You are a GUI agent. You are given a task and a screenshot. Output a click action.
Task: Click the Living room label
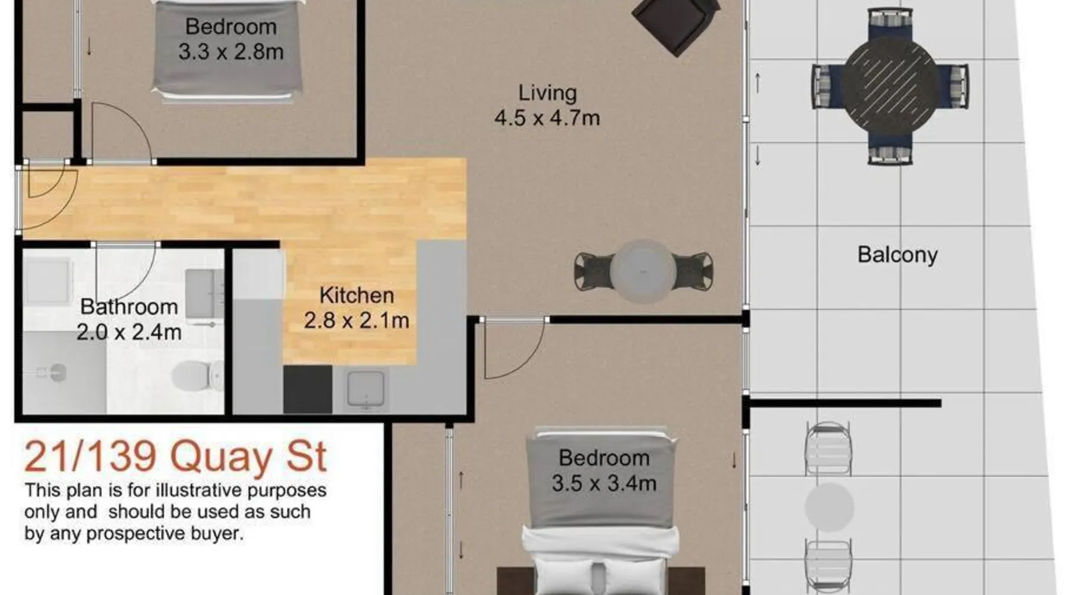point(547,93)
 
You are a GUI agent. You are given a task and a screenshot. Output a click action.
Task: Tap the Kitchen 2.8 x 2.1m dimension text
point(356,321)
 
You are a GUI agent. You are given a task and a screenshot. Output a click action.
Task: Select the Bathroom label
point(129,307)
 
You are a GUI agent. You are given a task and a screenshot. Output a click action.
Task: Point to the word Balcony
point(898,255)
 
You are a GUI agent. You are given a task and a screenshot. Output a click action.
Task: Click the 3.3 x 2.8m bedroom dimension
point(231,52)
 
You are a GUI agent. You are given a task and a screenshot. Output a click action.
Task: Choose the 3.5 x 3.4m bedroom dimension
point(604,483)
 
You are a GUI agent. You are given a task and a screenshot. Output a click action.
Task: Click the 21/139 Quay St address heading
point(175,457)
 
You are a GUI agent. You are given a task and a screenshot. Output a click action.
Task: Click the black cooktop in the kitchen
point(307,389)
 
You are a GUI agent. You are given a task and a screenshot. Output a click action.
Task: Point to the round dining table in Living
point(643,272)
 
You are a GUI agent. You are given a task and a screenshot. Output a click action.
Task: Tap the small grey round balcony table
point(829,508)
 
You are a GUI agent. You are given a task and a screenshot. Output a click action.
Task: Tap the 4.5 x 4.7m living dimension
point(547,118)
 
